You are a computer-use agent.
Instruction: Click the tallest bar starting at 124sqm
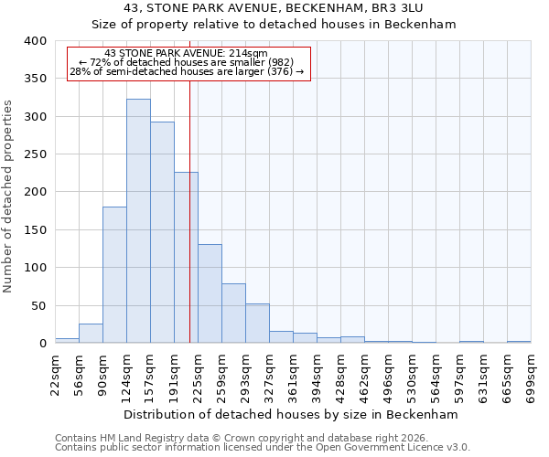[x=138, y=221]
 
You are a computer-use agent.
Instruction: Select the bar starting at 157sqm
[x=162, y=233]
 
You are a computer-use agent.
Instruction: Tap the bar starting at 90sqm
[x=114, y=275]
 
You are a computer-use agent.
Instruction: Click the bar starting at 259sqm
[x=233, y=314]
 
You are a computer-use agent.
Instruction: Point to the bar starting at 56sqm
[x=91, y=334]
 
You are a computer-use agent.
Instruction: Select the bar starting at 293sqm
[x=257, y=324]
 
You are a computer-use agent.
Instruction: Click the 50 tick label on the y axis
[x=38, y=305]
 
